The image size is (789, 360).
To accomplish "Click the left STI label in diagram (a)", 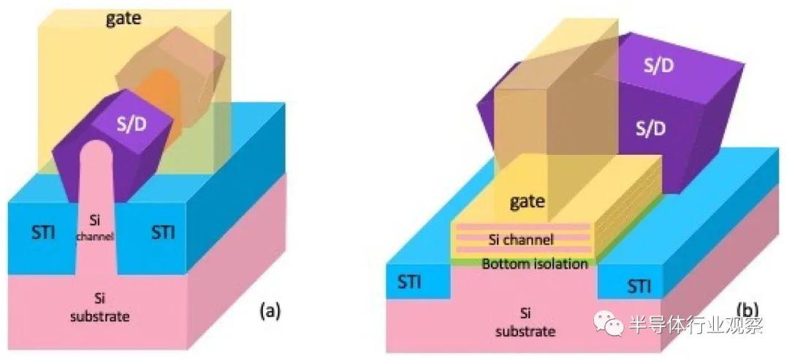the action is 38,233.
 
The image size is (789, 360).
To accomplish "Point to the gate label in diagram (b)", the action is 527,202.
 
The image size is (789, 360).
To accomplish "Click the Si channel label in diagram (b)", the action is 521,240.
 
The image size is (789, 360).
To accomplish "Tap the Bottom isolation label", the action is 535,264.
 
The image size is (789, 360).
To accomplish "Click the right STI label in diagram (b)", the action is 639,287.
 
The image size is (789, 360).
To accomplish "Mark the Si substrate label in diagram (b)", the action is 526,323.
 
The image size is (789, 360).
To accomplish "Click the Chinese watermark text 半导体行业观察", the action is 696,324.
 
